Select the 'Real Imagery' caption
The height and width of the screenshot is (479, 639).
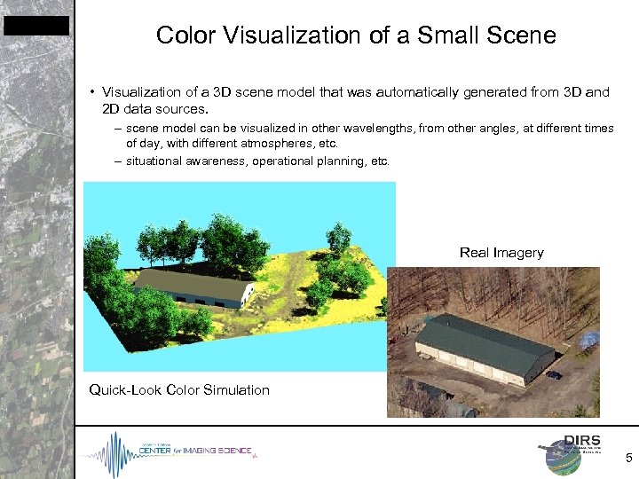(501, 253)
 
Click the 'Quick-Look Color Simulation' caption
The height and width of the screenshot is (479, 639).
(179, 390)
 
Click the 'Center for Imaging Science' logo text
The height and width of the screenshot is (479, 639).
(194, 452)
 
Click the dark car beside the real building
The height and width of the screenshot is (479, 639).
(554, 374)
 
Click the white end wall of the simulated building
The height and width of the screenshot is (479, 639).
(248, 295)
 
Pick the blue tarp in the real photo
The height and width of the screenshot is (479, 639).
(588, 340)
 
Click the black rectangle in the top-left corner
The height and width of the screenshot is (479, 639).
(35, 26)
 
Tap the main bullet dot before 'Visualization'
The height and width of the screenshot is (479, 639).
(92, 92)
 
